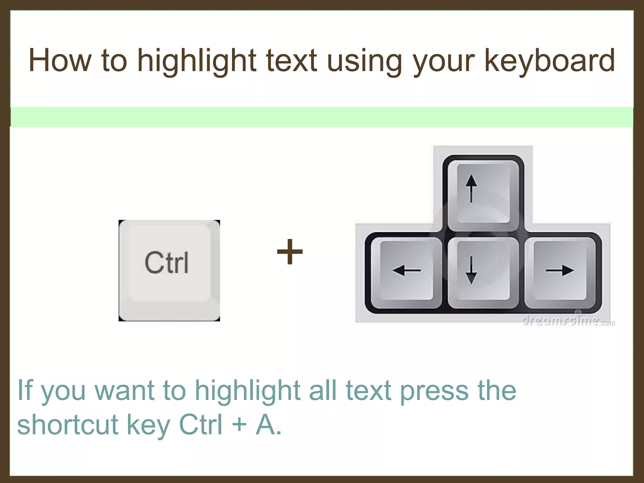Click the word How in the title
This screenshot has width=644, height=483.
(x=60, y=60)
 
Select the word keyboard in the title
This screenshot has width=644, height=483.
(x=549, y=60)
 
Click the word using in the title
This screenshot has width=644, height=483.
(x=364, y=60)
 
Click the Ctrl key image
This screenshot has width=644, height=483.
(x=169, y=270)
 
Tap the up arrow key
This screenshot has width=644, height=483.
(x=483, y=195)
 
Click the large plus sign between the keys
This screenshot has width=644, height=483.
(x=290, y=252)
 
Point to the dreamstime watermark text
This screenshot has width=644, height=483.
(x=568, y=321)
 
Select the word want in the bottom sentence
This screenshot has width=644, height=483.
(x=125, y=391)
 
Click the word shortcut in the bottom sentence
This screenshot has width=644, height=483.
(x=68, y=425)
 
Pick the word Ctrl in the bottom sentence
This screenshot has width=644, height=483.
(x=201, y=425)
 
